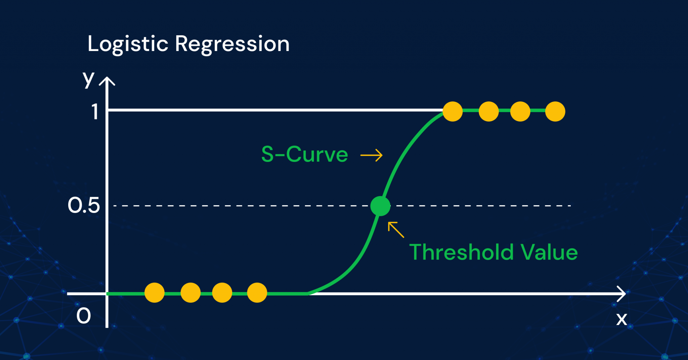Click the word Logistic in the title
[x=128, y=44]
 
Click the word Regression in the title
[x=232, y=44]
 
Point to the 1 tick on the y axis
[x=95, y=111]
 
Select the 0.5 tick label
[x=84, y=205]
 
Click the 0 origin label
[x=84, y=316]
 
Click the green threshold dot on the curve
[x=380, y=206]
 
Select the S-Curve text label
[x=304, y=154]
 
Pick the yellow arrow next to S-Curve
[x=372, y=155]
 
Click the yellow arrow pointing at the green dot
[x=396, y=230]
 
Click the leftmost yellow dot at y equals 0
[x=155, y=292]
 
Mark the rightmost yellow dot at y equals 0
[x=257, y=292]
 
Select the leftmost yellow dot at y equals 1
[x=453, y=111]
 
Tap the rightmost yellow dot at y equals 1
[x=555, y=111]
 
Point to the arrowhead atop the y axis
[x=107, y=81]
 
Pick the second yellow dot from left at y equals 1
[x=488, y=111]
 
